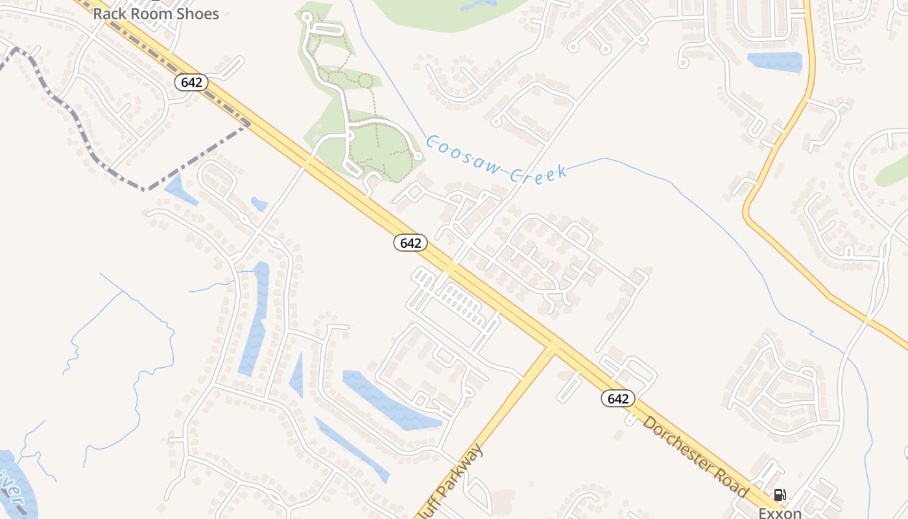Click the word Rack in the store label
coord(108,14)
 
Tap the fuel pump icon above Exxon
coord(780,496)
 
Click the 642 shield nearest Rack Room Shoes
coord(191,82)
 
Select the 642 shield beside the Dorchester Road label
coord(618,398)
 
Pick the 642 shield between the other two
coord(411,243)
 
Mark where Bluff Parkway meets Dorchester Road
coord(552,345)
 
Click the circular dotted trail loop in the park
coord(365,81)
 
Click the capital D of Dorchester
coord(649,424)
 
